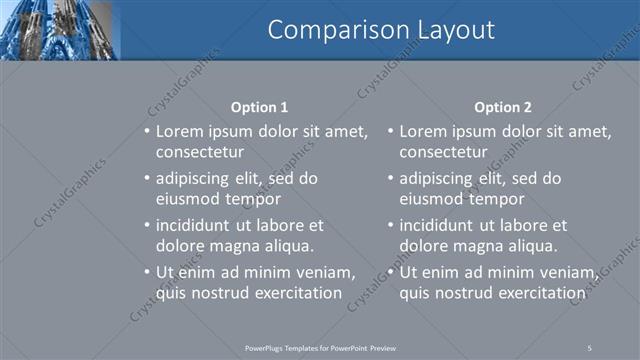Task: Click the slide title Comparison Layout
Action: (x=381, y=31)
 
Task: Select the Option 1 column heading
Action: (x=259, y=107)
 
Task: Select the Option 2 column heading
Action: (x=503, y=107)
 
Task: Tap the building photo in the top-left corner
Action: (x=59, y=30)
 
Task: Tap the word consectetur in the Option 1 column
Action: (x=200, y=152)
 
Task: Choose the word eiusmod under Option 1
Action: (x=189, y=198)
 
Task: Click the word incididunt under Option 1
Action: (x=198, y=225)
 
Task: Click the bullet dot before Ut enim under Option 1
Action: (x=147, y=272)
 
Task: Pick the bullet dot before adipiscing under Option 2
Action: (x=390, y=179)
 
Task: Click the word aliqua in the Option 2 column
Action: (x=532, y=245)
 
